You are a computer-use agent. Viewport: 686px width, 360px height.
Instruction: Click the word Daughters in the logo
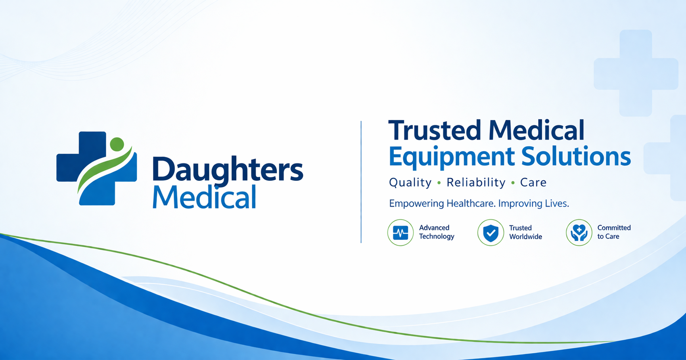pos(227,169)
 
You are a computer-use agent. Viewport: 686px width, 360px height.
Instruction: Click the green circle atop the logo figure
pos(117,144)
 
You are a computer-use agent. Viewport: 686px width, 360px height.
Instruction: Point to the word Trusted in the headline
pos(434,130)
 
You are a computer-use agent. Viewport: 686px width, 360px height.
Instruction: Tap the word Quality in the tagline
pos(410,182)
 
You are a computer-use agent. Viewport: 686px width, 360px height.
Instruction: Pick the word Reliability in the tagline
pos(476,182)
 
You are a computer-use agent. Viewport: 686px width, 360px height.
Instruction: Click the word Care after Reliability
pos(533,182)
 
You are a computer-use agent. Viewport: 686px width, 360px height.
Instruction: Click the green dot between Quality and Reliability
pos(439,183)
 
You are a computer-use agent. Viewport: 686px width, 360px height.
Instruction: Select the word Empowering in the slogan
pos(416,204)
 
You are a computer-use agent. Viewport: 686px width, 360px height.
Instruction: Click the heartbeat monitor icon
pos(400,233)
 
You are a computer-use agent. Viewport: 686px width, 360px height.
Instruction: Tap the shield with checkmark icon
pos(491,233)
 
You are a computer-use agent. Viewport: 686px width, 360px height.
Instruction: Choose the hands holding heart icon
pos(579,233)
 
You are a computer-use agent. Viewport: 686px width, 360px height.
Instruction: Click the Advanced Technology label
pos(436,232)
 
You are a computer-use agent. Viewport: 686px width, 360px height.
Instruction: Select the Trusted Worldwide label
pos(525,232)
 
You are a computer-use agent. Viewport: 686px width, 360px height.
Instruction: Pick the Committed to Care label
pos(614,232)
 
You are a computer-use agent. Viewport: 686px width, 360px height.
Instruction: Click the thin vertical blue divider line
pos(361,182)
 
